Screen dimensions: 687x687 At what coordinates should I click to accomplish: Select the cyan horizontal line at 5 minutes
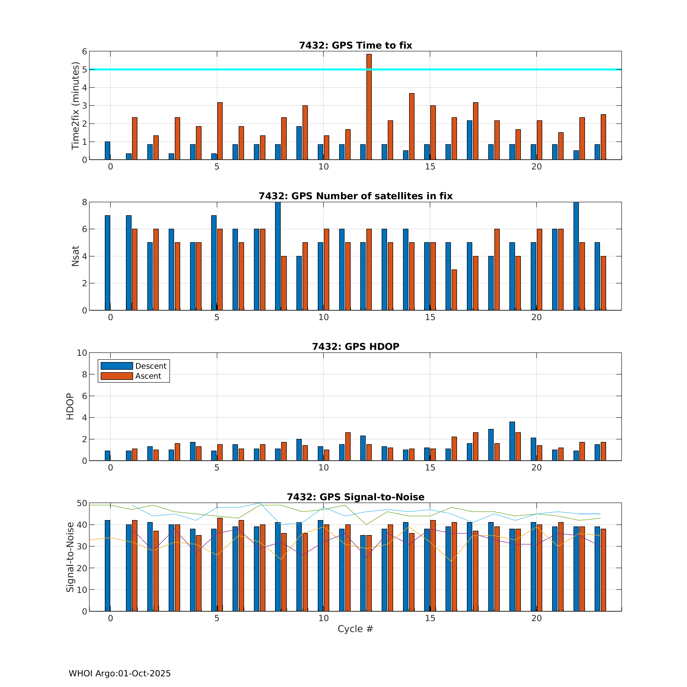249,69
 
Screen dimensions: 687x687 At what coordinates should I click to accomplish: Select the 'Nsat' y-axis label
75,256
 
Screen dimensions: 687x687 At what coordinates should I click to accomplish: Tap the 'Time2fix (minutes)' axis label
75,106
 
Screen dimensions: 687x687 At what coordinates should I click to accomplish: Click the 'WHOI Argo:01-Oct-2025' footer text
120,674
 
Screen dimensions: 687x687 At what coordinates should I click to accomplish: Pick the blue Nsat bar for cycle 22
576,256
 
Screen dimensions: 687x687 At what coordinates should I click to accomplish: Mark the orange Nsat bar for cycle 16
454,290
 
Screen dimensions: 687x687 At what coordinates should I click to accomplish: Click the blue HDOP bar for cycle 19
512,441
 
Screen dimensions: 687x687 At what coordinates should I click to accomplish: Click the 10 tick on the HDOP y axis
82,353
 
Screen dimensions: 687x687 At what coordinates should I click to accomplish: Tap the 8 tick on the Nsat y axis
84,202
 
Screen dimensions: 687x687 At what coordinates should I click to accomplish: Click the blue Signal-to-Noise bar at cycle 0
107,565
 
